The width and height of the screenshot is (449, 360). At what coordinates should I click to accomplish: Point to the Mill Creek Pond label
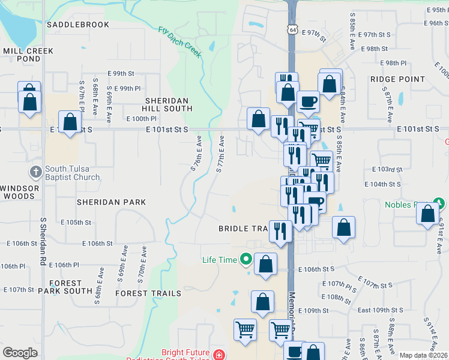[x=28, y=55]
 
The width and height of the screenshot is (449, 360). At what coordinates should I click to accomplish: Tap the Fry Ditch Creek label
[x=180, y=41]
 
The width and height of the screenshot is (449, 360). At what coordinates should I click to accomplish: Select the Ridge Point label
[x=397, y=79]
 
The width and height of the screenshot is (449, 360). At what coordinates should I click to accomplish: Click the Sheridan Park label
[x=111, y=203]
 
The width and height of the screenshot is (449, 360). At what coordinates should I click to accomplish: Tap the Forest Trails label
[x=148, y=293]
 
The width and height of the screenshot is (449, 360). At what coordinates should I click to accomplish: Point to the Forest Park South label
[x=65, y=287]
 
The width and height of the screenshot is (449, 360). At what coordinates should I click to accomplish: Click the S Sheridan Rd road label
[x=43, y=240]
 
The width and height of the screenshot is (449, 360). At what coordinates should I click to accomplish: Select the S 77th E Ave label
[x=220, y=155]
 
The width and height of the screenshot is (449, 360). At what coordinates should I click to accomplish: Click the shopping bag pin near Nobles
[x=427, y=214]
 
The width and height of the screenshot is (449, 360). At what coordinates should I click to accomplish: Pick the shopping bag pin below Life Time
[x=262, y=302]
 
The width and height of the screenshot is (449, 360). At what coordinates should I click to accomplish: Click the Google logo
[x=20, y=353]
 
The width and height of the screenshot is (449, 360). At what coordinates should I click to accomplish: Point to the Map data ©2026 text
[x=423, y=355]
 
